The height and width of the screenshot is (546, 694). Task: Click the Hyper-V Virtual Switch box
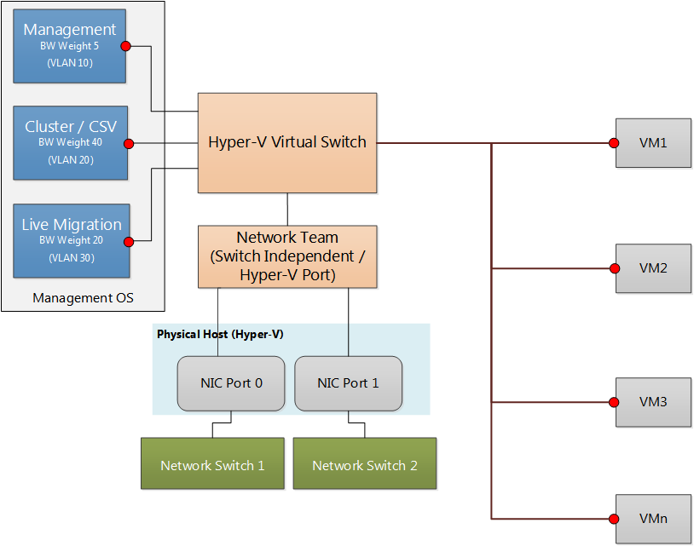(287, 142)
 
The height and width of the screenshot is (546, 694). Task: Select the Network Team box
(287, 256)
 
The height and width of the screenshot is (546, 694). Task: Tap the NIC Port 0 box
(232, 383)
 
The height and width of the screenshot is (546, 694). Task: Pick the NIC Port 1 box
(348, 383)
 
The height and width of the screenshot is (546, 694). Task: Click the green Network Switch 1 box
(212, 465)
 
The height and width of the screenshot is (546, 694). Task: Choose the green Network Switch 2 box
(364, 465)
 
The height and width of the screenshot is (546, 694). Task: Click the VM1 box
(653, 143)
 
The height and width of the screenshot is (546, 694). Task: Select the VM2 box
(653, 268)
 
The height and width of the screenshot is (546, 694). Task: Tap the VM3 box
(653, 401)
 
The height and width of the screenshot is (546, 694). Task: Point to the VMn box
(653, 519)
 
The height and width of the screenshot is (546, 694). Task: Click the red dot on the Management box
(125, 46)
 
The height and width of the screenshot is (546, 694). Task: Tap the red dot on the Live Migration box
(130, 241)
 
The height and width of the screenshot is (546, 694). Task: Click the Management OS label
(83, 298)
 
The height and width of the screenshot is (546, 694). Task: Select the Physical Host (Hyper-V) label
(220, 335)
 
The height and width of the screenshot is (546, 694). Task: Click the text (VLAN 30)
(71, 258)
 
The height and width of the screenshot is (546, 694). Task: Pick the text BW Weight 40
(70, 143)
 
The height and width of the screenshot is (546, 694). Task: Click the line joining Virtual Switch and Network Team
(287, 210)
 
